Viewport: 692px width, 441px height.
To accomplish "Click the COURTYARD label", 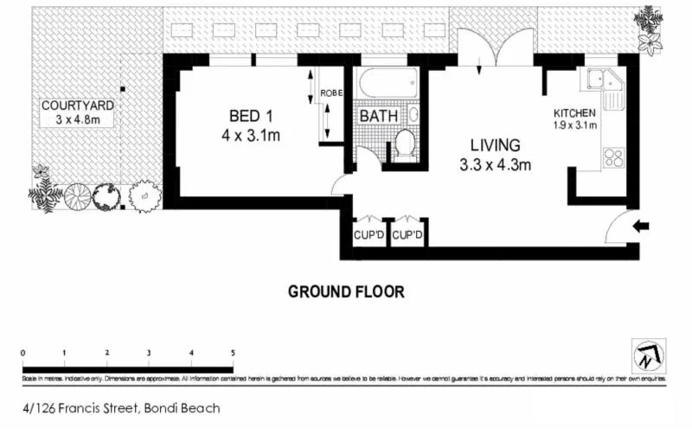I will click(78, 105).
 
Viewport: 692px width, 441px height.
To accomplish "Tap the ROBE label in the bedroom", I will click(331, 93).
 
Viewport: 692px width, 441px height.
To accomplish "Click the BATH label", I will click(379, 116).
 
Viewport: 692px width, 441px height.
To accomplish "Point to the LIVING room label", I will click(495, 145).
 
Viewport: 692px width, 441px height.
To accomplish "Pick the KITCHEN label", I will click(574, 112).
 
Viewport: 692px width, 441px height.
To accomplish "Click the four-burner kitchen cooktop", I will click(612, 157).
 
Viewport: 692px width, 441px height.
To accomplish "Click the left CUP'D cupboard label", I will click(369, 234).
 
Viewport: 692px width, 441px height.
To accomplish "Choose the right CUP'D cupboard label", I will click(407, 234).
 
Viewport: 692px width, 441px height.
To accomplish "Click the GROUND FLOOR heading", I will click(346, 292).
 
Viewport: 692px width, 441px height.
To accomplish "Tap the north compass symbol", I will click(649, 355).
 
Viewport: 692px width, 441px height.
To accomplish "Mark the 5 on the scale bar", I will click(232, 353).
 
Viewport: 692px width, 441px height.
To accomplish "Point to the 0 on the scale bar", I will click(23, 353).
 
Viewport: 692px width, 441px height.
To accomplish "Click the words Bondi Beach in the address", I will click(183, 408).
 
